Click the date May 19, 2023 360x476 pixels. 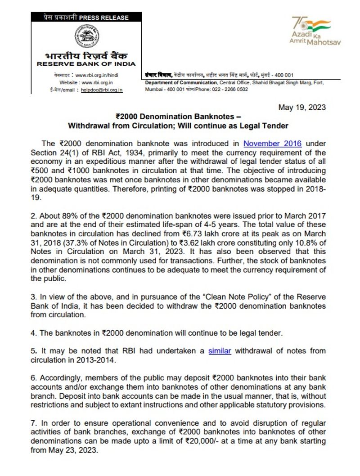pos(302,108)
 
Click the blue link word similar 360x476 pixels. pos(220,350)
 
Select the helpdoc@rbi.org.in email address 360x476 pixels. pos(101,90)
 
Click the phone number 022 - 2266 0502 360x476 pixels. pos(231,89)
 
